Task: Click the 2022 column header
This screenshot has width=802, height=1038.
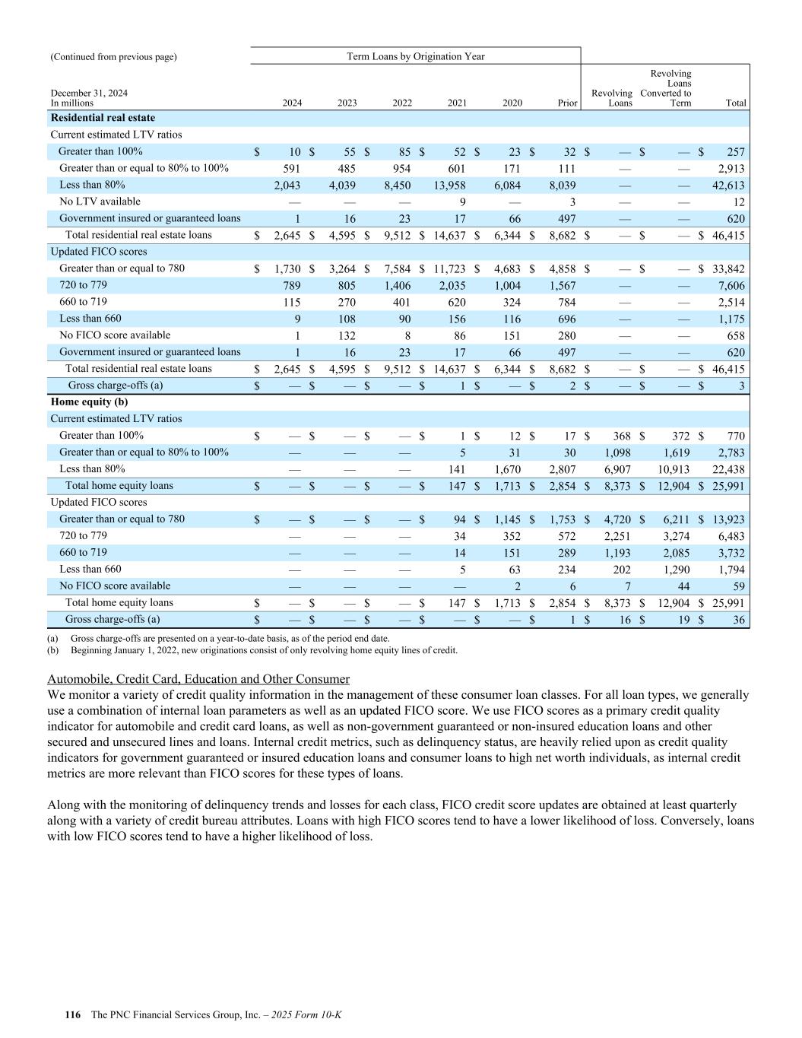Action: point(401,103)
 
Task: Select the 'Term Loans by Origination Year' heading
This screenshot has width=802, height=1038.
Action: point(415,56)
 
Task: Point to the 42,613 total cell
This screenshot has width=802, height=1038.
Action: point(728,185)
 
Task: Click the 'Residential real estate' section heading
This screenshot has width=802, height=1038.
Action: point(103,118)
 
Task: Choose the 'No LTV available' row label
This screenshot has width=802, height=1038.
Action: point(100,202)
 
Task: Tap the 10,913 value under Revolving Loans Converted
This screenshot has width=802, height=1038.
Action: point(673,469)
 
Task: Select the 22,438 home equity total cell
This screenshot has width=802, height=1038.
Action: point(728,469)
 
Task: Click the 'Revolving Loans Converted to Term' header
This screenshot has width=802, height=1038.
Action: point(666,88)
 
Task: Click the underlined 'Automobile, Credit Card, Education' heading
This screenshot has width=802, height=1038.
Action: point(198,679)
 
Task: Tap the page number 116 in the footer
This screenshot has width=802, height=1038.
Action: point(73,1015)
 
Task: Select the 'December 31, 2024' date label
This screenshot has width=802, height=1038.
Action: point(89,93)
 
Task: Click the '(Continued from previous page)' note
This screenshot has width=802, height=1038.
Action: point(113,56)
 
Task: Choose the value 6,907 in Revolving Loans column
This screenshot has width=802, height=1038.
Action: point(617,469)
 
